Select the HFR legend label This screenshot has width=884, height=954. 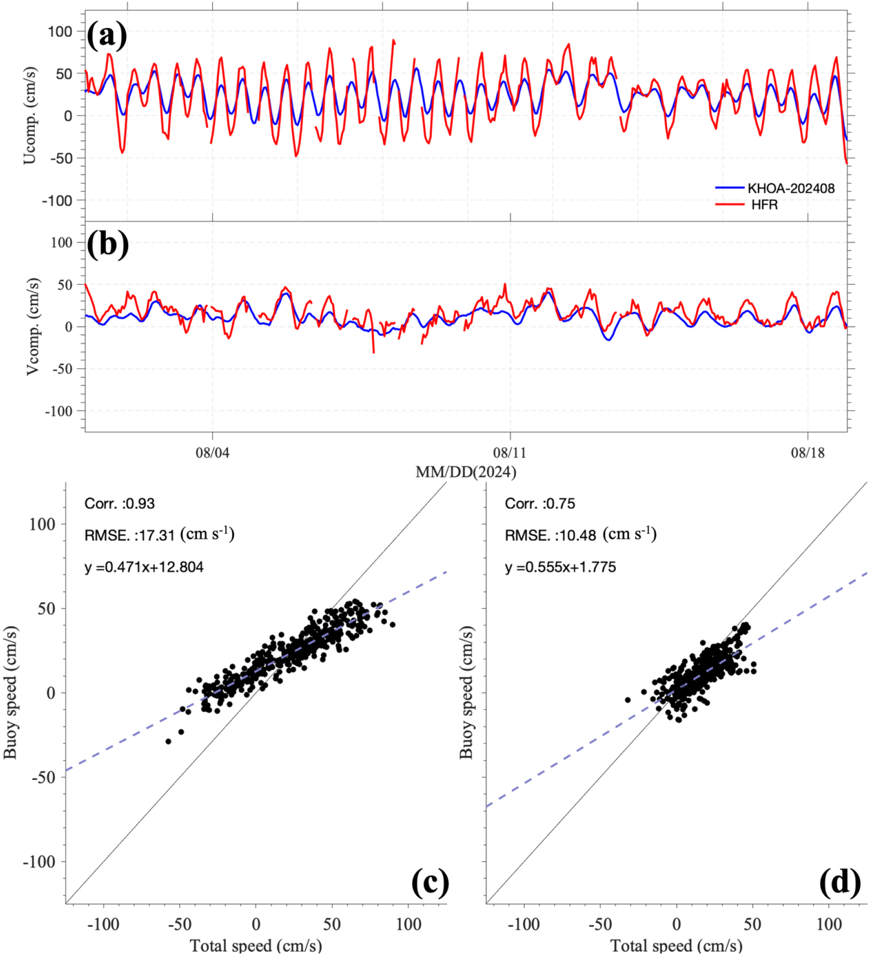pos(764,205)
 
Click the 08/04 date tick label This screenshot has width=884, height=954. pos(212,453)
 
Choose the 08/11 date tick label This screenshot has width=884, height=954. pos(510,453)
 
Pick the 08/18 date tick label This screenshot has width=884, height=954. pos(808,453)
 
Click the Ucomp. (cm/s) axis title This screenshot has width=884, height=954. pos(30,116)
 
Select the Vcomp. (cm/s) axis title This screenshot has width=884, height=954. pos(32,326)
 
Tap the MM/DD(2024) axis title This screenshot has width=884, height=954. pos(466,471)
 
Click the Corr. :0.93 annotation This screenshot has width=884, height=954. pos(119,504)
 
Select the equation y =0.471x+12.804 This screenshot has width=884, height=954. pos(144,567)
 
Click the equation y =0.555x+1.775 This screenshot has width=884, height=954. pos(560,567)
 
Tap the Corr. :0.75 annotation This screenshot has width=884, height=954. pos(540,504)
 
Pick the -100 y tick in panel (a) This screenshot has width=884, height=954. pos(58,201)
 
